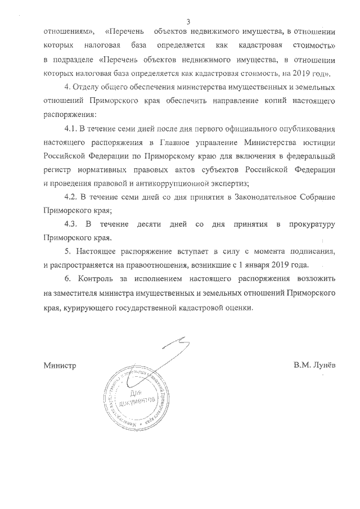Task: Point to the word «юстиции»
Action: coord(320,146)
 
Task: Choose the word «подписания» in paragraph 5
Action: coord(314,251)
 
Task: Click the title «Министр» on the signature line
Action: coord(60,365)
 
